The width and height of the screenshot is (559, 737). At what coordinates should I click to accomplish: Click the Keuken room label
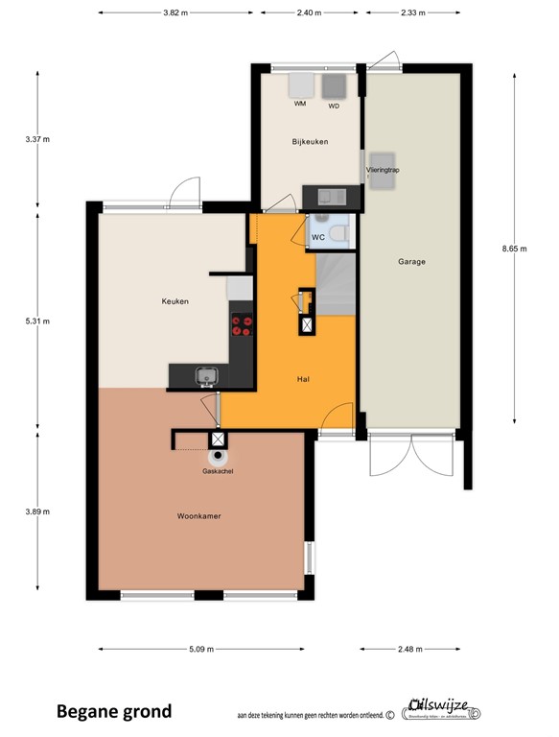(175, 301)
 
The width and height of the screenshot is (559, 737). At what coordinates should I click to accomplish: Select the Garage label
(411, 261)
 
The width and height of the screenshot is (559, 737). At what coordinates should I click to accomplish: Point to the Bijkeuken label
(311, 142)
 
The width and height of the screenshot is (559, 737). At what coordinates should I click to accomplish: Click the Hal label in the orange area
(304, 379)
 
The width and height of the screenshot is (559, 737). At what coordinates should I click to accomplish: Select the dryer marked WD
(334, 87)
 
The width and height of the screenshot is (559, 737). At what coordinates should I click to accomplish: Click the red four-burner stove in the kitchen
(242, 326)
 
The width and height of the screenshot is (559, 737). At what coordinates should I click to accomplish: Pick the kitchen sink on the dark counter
(204, 374)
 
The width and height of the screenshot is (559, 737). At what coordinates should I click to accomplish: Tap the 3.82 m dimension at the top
(175, 13)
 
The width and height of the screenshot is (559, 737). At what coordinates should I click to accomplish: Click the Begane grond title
(114, 711)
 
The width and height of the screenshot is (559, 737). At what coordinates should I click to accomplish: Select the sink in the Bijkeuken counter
(332, 197)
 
